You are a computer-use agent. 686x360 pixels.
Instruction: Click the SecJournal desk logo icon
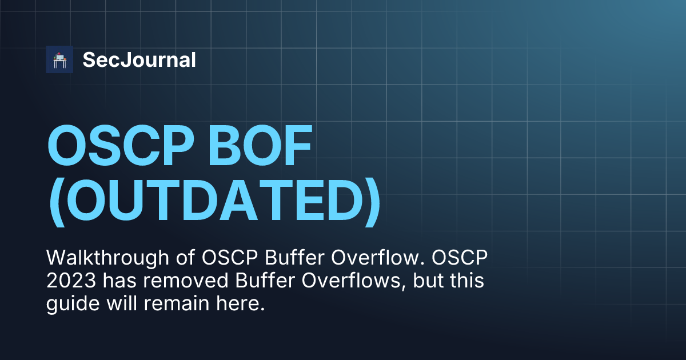(59, 59)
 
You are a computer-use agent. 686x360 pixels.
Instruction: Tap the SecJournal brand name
(139, 59)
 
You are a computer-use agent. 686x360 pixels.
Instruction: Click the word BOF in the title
(260, 145)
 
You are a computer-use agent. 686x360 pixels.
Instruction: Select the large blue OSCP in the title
(121, 145)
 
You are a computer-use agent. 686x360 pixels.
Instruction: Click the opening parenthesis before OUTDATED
(57, 202)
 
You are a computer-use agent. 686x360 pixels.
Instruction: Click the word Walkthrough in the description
(107, 258)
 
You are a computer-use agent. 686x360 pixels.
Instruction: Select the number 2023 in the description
(71, 281)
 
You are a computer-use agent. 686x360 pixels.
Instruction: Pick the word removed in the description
(186, 281)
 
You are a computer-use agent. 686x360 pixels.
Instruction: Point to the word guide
(73, 304)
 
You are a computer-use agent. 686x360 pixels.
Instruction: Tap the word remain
(177, 303)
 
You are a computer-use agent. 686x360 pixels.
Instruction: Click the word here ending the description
(241, 303)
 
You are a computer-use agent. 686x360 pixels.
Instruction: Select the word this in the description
(466, 281)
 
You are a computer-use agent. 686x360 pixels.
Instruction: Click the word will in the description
(122, 303)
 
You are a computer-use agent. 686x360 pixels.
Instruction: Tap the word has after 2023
(119, 281)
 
